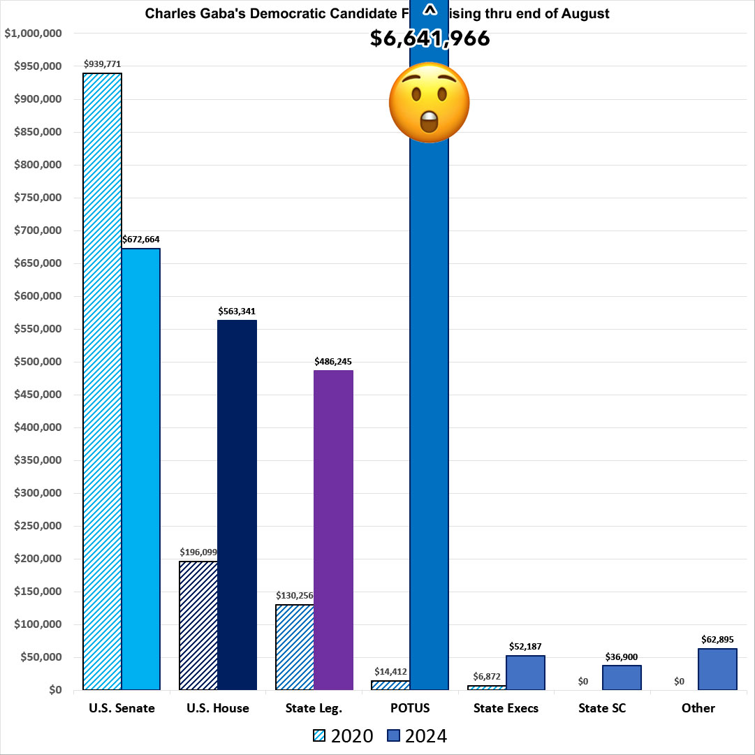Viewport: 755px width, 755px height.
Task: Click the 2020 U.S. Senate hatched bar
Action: tap(103, 381)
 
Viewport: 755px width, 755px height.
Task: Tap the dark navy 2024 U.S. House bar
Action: tap(237, 505)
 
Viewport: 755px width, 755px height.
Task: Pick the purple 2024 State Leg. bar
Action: tap(333, 529)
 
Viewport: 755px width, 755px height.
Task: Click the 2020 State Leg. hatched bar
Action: tap(295, 647)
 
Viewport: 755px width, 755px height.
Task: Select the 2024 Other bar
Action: tap(718, 669)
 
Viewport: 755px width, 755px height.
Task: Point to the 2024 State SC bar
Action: tap(622, 677)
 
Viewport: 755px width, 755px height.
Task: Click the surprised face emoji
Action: tap(429, 103)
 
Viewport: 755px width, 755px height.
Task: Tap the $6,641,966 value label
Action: tap(430, 38)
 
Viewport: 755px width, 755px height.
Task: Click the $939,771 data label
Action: tap(102, 64)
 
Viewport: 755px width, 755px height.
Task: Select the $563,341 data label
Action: tap(237, 311)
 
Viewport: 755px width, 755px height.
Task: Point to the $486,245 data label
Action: tap(333, 361)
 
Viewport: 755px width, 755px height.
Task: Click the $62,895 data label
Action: tap(718, 639)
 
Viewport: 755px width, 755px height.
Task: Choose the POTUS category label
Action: tap(410, 708)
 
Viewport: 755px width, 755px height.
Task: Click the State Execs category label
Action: tap(506, 708)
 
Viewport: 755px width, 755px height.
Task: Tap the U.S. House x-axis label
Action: tap(218, 708)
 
